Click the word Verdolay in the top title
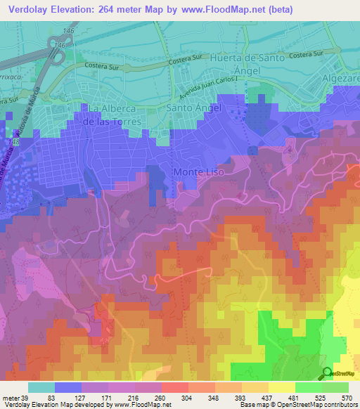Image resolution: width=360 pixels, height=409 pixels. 30,9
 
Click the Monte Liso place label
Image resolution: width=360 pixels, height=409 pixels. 199,172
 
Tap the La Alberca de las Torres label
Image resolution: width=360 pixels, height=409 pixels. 116,115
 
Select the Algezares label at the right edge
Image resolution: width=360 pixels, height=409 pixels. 342,80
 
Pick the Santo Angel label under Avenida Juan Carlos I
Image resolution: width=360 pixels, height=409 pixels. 193,108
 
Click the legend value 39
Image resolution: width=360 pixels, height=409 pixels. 24,398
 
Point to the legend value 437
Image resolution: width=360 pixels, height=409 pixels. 256,398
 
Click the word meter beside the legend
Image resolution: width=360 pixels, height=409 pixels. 11,398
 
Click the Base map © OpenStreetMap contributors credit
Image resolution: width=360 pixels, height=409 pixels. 297,405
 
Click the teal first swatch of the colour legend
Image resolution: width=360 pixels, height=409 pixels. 41,387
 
